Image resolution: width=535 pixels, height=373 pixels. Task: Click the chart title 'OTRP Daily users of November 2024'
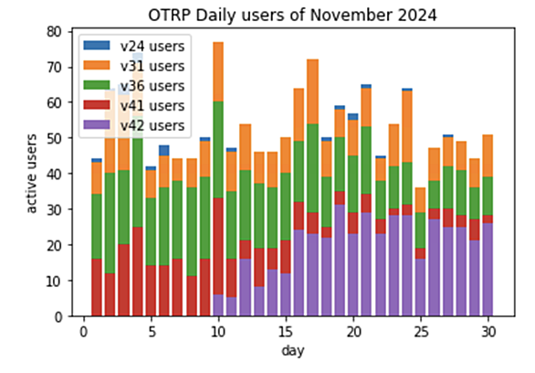tap(292, 16)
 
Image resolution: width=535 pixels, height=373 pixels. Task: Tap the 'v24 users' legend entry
tap(134, 46)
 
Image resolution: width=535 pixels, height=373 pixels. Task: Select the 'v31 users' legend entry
tap(134, 66)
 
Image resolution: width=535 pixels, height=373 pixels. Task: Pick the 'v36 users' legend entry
tap(134, 86)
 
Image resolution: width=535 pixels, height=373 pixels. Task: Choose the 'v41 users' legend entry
tap(134, 105)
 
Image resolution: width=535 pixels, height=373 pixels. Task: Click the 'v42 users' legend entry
tap(134, 125)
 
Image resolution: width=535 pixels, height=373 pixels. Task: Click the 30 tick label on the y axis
tap(55, 209)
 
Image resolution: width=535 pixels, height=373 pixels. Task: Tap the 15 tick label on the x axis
tap(286, 332)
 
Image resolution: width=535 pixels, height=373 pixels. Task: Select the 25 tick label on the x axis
tap(421, 332)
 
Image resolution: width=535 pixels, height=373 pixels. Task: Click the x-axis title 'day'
tap(293, 351)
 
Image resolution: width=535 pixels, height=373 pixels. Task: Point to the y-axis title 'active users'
tap(31, 174)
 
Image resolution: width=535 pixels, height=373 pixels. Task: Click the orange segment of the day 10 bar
tap(218, 71)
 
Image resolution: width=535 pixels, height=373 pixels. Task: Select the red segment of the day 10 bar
tap(218, 246)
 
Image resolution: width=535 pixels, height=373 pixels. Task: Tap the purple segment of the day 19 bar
tap(340, 261)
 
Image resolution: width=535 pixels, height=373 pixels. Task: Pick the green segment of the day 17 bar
tap(312, 168)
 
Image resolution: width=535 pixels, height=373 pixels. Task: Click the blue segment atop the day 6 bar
tap(164, 150)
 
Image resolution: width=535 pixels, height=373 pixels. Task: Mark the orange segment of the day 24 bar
tap(407, 126)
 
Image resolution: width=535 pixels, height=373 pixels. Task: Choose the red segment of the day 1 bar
tap(97, 287)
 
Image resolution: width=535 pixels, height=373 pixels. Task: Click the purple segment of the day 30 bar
tap(488, 270)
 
